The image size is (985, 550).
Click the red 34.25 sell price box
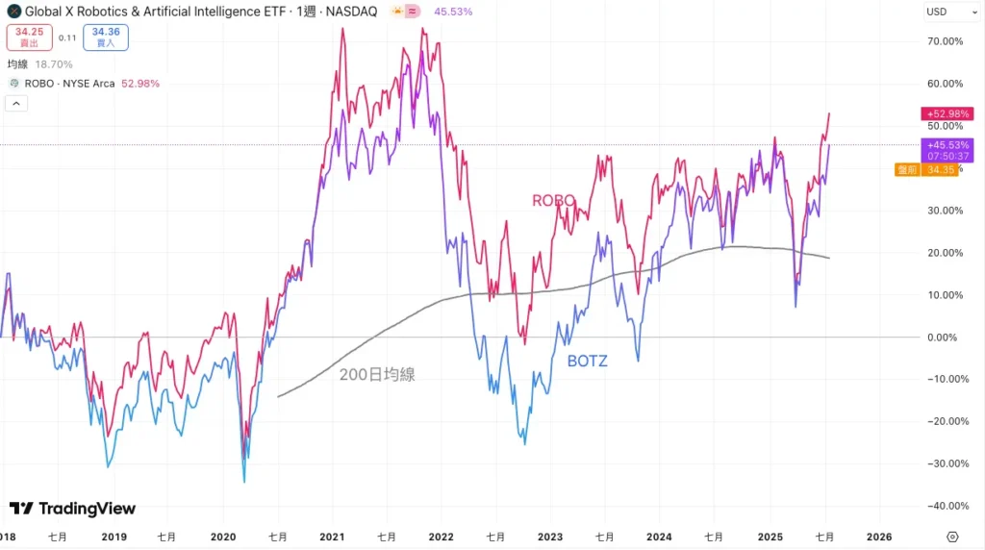[30, 37]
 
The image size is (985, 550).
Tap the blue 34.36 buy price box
[106, 37]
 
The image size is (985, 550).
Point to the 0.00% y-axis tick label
[943, 337]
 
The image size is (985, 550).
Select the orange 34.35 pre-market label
[925, 170]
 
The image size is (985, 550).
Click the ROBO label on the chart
[554, 200]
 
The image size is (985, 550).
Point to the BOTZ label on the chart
[587, 361]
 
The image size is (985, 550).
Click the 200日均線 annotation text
[377, 375]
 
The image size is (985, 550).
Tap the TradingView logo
[73, 509]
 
